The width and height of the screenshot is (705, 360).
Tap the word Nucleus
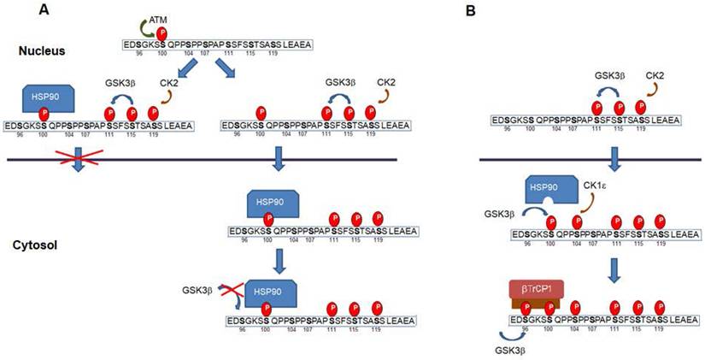click(44, 50)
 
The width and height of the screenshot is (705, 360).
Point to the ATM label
click(182, 20)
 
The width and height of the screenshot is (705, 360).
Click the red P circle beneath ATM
click(172, 33)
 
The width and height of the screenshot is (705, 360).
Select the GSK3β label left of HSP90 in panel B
click(497, 209)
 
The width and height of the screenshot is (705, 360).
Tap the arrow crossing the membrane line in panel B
click(614, 159)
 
